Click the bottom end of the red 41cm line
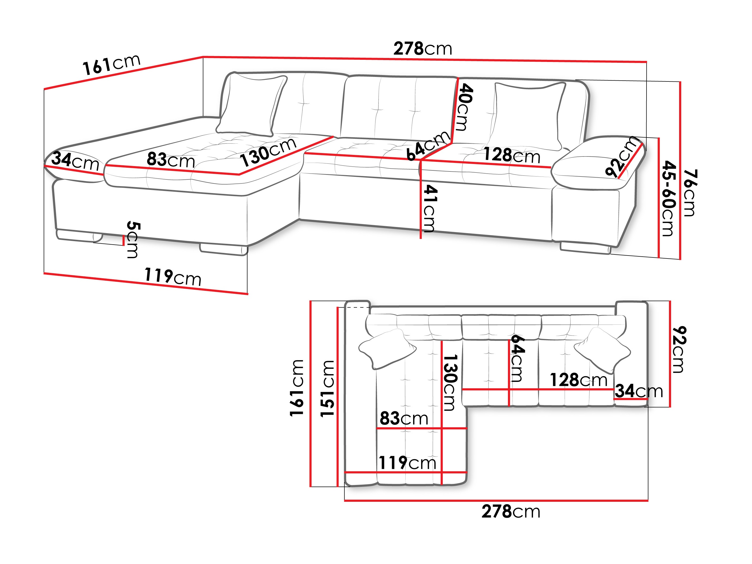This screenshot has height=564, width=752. pos(421,238)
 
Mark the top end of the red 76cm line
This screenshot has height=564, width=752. pos(680,82)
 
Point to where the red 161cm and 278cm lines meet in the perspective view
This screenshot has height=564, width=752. pos(203,57)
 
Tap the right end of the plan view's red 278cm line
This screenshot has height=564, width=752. pos(648,500)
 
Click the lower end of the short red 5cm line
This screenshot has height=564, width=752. pos(123,245)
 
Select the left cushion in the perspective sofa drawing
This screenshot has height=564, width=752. pos(252,105)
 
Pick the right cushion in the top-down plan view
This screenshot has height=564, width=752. pos(602,350)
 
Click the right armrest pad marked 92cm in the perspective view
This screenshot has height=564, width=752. pos(598,163)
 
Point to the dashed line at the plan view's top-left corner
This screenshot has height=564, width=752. pos(358,308)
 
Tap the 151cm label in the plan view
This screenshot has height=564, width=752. pos(327,388)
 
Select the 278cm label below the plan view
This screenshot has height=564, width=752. pos(511,512)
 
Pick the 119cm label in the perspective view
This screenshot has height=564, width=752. pos(173,277)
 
